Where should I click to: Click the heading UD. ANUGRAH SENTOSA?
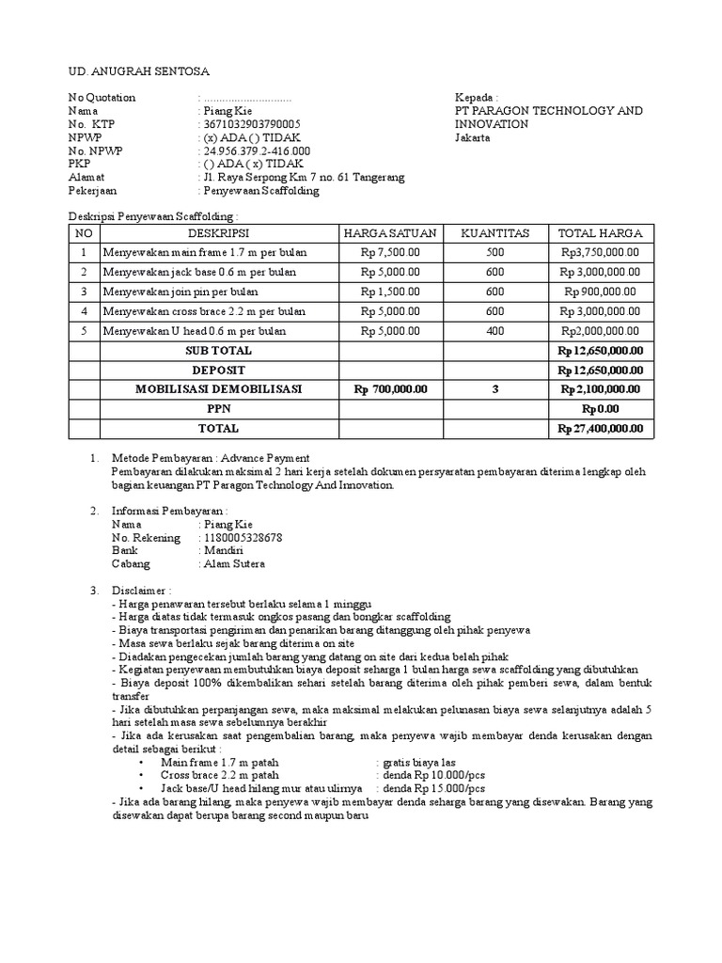pos(140,71)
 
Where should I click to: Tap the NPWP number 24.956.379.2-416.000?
pos(256,150)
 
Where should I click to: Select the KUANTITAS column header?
pos(495,233)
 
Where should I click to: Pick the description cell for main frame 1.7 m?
pos(206,253)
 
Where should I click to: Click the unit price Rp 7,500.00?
pos(389,253)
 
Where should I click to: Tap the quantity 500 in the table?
pos(495,253)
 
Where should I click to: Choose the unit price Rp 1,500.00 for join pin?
pos(389,292)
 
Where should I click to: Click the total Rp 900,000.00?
pos(601,292)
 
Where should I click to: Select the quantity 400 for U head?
pos(495,331)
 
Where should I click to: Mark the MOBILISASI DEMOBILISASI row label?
pos(218,389)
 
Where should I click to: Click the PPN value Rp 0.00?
pos(601,409)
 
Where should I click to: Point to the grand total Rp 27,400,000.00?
pos(601,429)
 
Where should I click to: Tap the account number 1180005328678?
pos(243,538)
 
